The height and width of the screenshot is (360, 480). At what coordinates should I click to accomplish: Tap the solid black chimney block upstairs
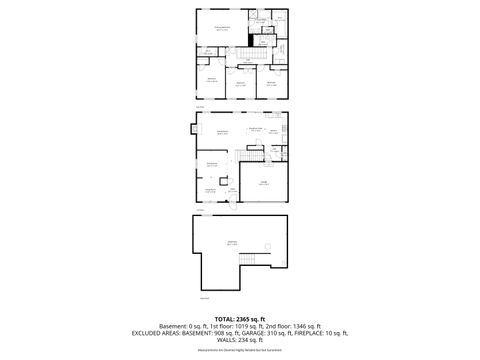(x=252, y=41)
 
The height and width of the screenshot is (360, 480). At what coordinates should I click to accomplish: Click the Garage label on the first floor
(x=265, y=182)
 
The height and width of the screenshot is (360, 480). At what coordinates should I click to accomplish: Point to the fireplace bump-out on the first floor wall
(x=193, y=128)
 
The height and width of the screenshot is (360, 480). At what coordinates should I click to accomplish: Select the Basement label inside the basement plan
(x=232, y=243)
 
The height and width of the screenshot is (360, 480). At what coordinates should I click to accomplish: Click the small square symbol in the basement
(x=266, y=247)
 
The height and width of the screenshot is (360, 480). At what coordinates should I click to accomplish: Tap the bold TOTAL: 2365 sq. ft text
(x=239, y=318)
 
